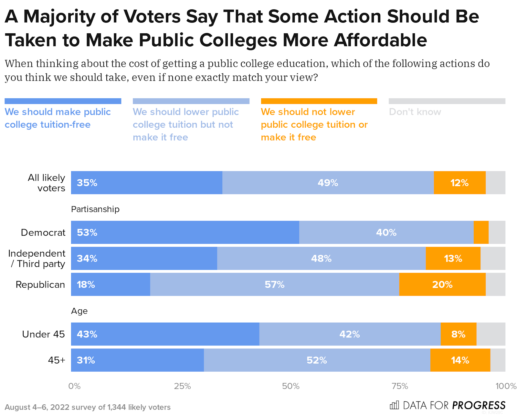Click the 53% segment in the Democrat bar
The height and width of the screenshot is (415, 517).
coord(185,232)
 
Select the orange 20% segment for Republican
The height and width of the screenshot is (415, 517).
coord(442,284)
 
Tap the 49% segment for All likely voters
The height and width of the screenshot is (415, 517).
coord(328,183)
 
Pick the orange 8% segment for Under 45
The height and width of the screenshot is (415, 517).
coord(458,334)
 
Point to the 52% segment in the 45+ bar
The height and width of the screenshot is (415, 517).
coord(317,360)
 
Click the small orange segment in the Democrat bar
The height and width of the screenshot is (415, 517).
coord(481,232)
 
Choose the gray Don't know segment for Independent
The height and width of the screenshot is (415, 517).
coord(493,259)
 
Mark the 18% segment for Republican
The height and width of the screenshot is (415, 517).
coord(111,284)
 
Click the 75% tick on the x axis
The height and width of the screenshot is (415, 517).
coord(400,386)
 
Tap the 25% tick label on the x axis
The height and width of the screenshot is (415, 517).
coord(182,386)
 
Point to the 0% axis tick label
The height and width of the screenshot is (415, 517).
coord(74,386)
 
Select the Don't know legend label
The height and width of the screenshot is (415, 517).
coord(415,112)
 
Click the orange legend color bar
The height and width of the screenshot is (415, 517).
coord(319,101)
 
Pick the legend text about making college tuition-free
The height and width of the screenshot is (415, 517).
coord(58,118)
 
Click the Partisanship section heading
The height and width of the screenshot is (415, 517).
coord(95,209)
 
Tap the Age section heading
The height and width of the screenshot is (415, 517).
coord(79,311)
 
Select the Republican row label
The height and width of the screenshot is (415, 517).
coord(40,284)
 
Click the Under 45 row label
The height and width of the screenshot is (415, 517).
coord(43,334)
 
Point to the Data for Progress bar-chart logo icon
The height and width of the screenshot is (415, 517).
coord(394,405)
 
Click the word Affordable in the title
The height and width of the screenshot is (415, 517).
coord(380,40)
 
